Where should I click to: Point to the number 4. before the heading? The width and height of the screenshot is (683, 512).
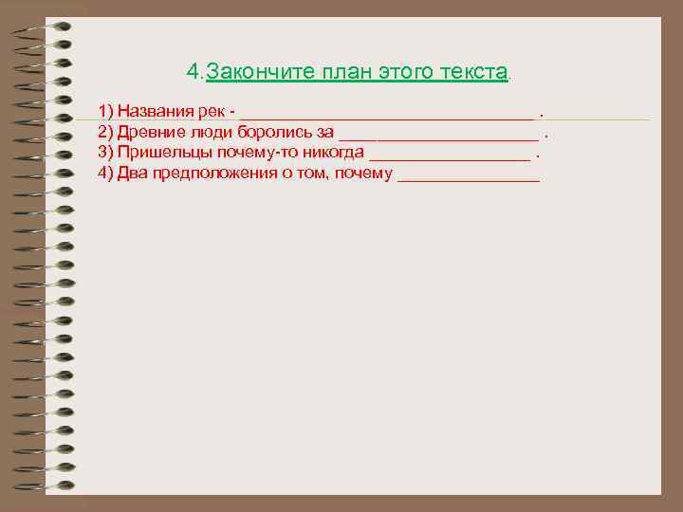[194, 72]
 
